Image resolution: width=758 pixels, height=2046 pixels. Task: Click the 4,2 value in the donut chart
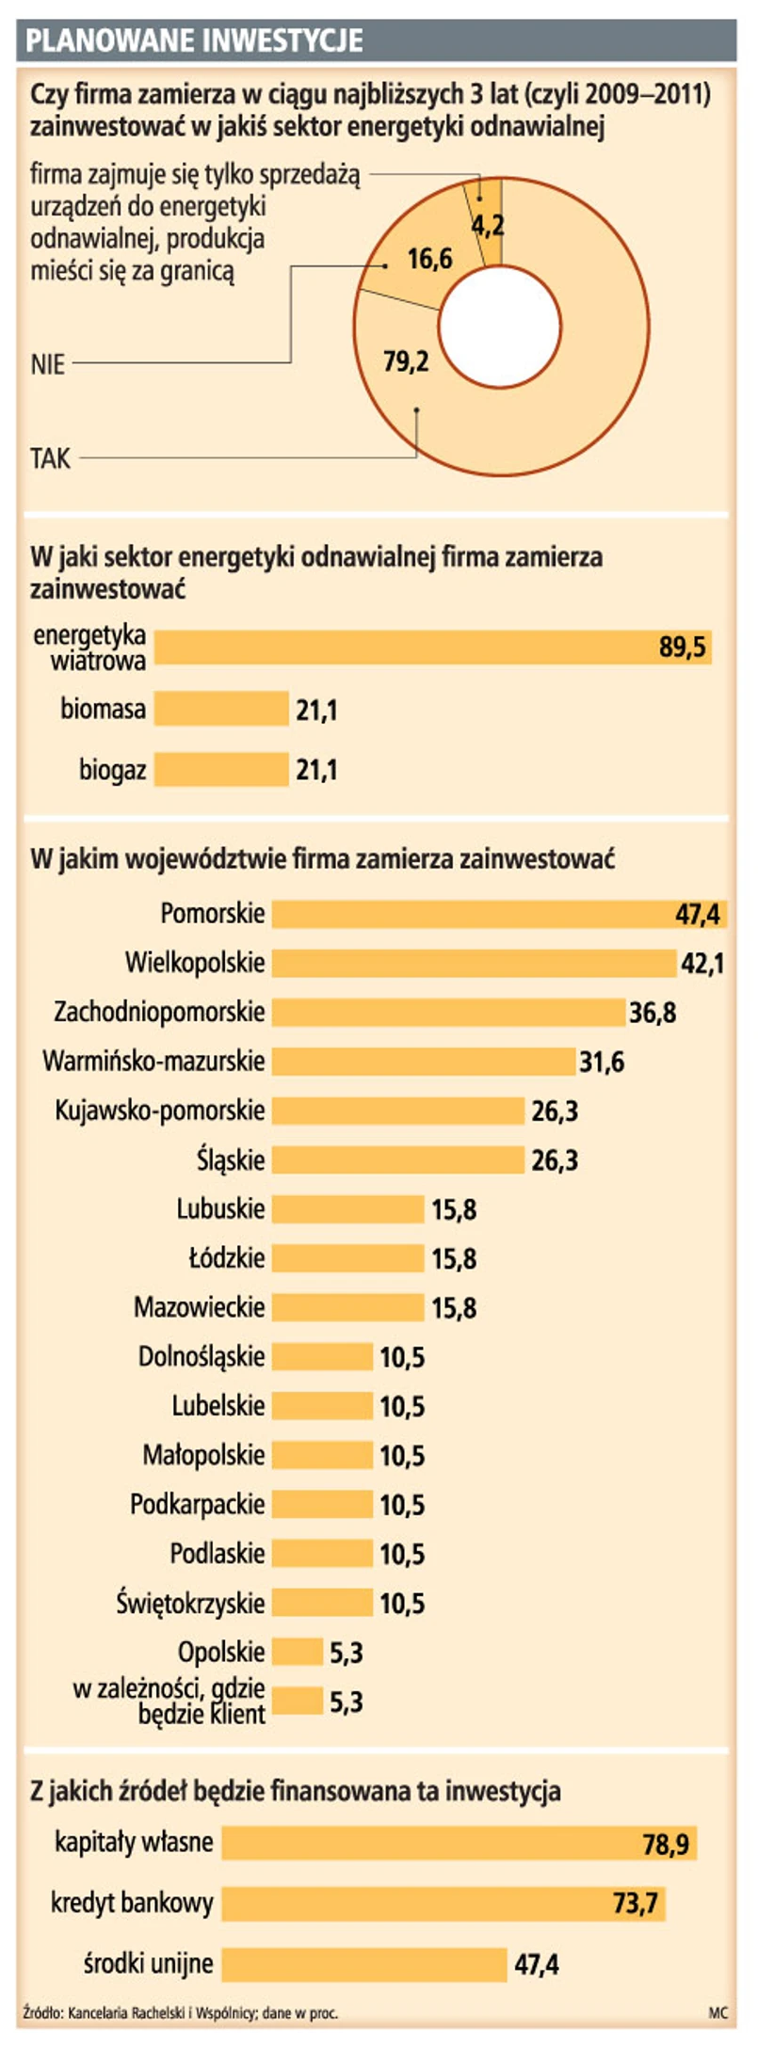488,224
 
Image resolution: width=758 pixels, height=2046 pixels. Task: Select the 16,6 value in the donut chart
429,259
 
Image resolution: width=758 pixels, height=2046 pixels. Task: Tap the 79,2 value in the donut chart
406,360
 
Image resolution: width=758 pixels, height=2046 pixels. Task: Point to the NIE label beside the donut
48,364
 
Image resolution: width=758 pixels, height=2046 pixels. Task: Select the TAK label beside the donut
51,458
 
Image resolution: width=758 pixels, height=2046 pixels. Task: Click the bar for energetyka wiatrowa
405,647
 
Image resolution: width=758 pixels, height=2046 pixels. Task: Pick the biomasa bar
221,709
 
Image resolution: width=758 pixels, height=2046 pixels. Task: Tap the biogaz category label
112,771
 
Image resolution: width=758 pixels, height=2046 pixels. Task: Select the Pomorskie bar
471,914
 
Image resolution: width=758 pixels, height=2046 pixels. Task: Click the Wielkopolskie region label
195,963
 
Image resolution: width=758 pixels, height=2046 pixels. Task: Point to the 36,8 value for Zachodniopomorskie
653,1013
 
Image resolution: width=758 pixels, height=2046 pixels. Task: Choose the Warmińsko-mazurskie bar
424,1062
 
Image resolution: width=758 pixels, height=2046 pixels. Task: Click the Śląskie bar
397,1159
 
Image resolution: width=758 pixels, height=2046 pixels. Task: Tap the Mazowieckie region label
199,1307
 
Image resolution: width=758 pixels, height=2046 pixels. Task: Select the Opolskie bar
298,1652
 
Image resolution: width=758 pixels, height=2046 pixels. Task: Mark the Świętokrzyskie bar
322,1603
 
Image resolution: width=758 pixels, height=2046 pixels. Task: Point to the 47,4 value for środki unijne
537,1964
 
